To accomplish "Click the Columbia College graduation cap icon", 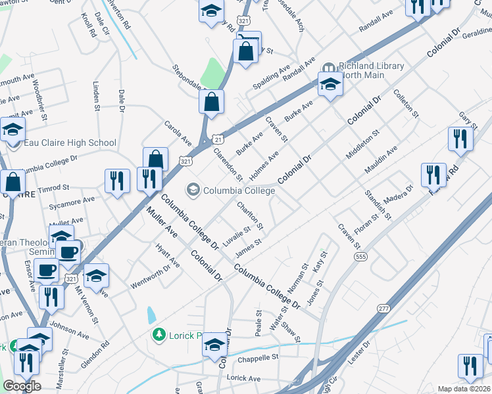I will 193,190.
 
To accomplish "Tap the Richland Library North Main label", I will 370,71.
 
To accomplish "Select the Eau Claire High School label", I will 70,142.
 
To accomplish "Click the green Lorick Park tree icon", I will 158,336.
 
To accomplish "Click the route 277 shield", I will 383,307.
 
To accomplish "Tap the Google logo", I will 22,386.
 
